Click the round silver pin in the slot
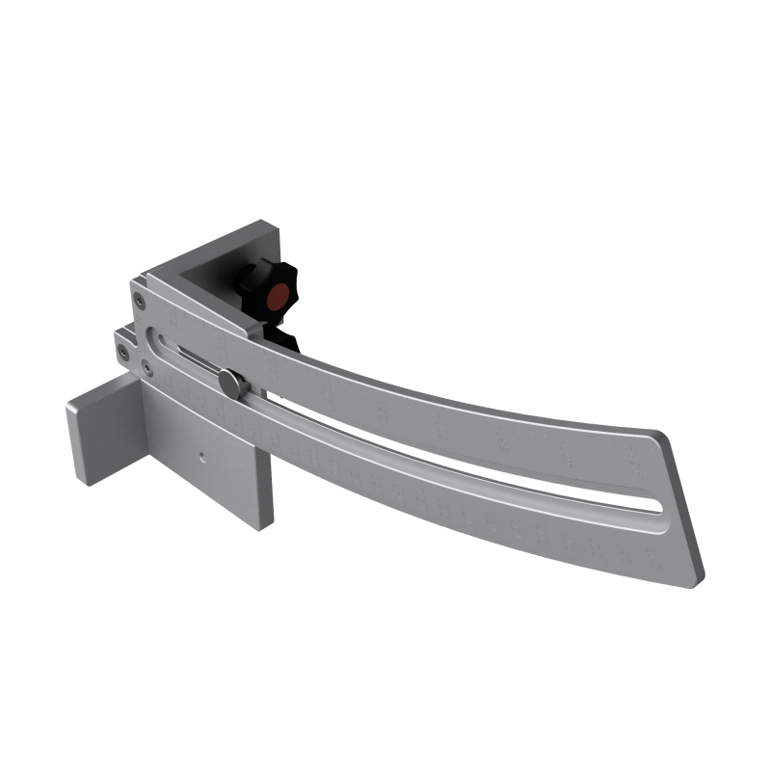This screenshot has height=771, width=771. (232, 383)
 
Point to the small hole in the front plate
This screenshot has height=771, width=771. (202, 456)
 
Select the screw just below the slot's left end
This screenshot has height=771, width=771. (146, 367)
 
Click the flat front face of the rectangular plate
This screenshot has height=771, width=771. (207, 472)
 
